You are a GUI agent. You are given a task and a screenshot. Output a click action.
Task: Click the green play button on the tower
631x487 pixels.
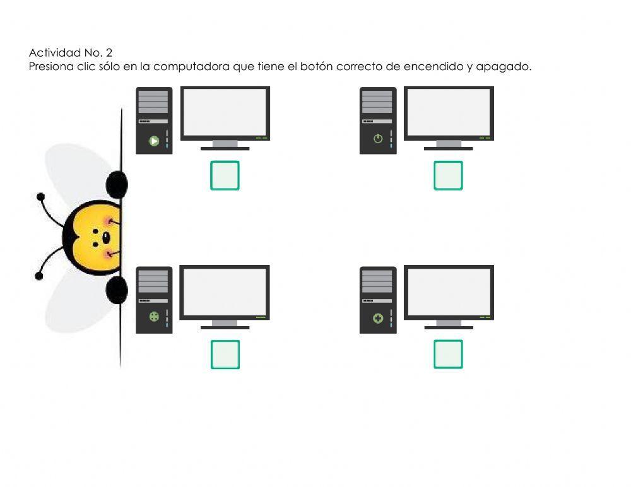click(154, 141)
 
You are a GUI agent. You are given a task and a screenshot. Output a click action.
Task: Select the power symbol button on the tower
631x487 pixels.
click(378, 139)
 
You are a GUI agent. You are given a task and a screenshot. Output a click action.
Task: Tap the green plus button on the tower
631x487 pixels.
click(378, 319)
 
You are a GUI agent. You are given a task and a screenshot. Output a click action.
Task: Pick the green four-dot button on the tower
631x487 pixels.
click(154, 317)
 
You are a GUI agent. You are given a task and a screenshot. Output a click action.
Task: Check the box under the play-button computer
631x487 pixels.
click(225, 175)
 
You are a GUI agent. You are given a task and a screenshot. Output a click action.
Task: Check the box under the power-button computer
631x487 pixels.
click(448, 175)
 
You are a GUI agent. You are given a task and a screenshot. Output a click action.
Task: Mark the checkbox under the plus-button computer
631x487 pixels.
click(448, 355)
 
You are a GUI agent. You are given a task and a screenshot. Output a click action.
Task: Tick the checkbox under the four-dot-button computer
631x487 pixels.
click(225, 355)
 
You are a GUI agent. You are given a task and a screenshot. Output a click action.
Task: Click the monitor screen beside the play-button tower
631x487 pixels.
click(225, 112)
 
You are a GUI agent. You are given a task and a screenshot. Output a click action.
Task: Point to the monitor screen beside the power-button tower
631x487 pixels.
click(448, 112)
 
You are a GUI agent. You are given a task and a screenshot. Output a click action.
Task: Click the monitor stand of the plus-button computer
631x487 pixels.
click(448, 324)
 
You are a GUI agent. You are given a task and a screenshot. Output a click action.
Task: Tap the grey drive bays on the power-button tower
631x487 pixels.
click(377, 102)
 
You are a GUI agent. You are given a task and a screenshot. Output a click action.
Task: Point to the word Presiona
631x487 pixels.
click(50, 66)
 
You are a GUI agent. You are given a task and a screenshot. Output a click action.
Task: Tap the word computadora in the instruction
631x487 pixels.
click(191, 66)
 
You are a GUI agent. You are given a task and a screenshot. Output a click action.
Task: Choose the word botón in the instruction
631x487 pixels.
click(316, 66)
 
